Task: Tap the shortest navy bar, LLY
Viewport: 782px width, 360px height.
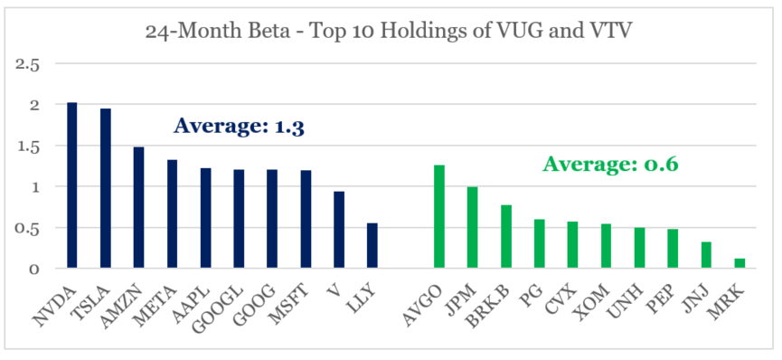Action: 372,245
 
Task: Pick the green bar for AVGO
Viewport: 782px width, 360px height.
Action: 439,216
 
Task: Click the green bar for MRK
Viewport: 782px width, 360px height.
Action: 740,263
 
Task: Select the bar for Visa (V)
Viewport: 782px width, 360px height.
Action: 339,230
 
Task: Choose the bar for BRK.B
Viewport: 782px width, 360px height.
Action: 505,236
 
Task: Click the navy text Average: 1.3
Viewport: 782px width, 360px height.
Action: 238,126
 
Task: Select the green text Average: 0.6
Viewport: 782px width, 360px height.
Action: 610,165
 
